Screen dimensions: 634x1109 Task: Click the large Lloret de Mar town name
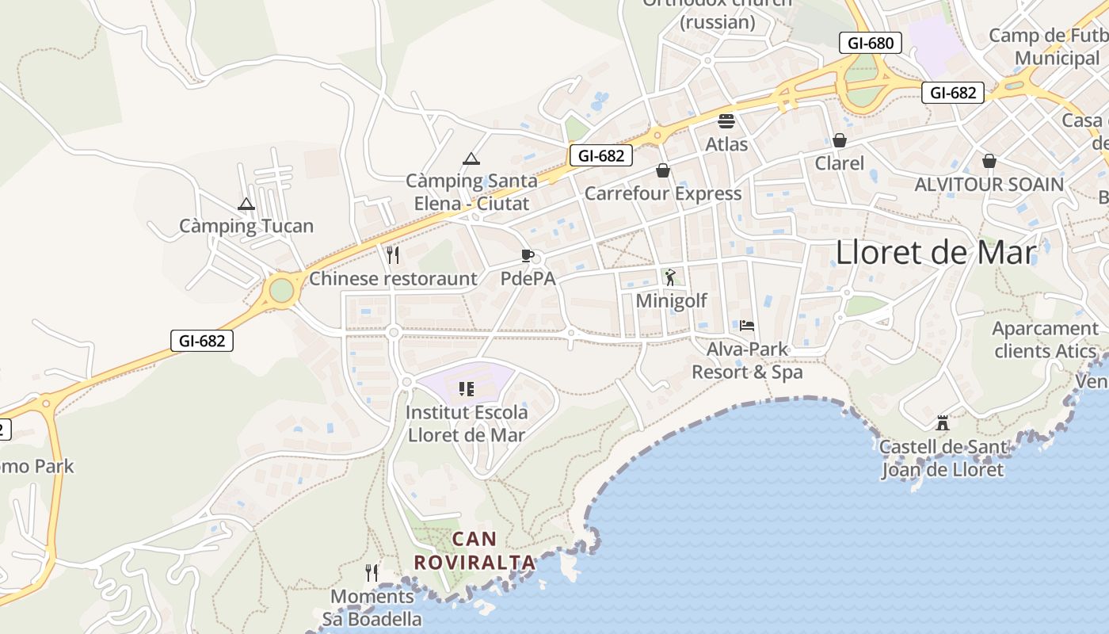pyautogui.click(x=936, y=253)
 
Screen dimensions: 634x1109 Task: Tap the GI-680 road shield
pyautogui.click(x=871, y=43)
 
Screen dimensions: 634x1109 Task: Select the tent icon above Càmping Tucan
pyautogui.click(x=246, y=204)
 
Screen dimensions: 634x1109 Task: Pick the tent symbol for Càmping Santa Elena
pyautogui.click(x=471, y=158)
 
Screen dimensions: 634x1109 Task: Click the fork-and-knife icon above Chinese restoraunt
pyautogui.click(x=392, y=255)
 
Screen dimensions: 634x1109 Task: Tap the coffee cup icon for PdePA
pyautogui.click(x=527, y=255)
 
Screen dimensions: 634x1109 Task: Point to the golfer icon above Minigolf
pyautogui.click(x=671, y=277)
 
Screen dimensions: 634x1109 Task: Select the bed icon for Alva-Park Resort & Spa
pyautogui.click(x=746, y=325)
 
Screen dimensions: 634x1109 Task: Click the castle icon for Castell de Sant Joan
pyautogui.click(x=943, y=423)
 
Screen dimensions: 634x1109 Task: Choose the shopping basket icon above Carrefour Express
pyautogui.click(x=663, y=170)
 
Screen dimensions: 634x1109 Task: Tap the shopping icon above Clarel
pyautogui.click(x=840, y=140)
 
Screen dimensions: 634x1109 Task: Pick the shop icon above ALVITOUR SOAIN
pyautogui.click(x=989, y=161)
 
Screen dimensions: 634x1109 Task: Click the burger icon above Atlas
pyautogui.click(x=726, y=121)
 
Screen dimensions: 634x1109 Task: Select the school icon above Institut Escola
pyautogui.click(x=466, y=388)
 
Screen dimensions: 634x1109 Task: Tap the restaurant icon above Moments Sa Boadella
pyautogui.click(x=372, y=572)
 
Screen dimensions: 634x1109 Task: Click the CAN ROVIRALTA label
pyautogui.click(x=474, y=551)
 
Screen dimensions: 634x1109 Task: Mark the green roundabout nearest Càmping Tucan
pyautogui.click(x=281, y=290)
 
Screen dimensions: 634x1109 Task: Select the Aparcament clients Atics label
pyautogui.click(x=1045, y=339)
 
